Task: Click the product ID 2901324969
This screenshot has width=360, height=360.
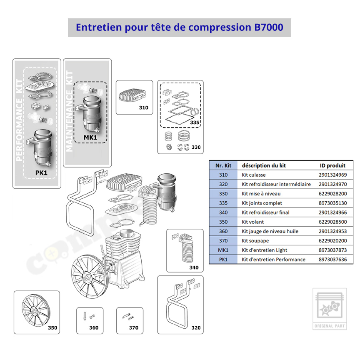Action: point(332,175)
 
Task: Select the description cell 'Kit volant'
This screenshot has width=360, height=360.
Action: point(252,222)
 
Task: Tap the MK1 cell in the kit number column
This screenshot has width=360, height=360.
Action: point(223,250)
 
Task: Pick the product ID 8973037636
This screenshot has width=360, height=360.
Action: point(332,260)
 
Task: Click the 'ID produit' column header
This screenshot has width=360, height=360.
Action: point(332,165)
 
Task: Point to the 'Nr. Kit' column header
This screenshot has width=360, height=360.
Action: point(223,165)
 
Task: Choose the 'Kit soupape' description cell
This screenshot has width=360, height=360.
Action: point(255,240)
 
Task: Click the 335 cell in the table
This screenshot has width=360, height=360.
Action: point(223,203)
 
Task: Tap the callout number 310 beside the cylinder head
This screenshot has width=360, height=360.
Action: point(143,107)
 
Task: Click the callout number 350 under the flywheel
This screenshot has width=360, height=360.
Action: point(52,327)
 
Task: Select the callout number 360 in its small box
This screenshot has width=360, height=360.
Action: point(94,327)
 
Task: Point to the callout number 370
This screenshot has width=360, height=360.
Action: point(134,327)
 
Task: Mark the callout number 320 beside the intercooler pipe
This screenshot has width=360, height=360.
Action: point(196,327)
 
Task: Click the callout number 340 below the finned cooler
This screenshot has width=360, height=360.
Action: point(194,267)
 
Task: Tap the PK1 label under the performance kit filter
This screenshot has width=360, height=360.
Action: point(41,172)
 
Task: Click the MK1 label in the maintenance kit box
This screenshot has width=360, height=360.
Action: point(90,137)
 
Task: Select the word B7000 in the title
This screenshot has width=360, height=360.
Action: point(269,27)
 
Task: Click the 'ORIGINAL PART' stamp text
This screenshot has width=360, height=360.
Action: point(330,326)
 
